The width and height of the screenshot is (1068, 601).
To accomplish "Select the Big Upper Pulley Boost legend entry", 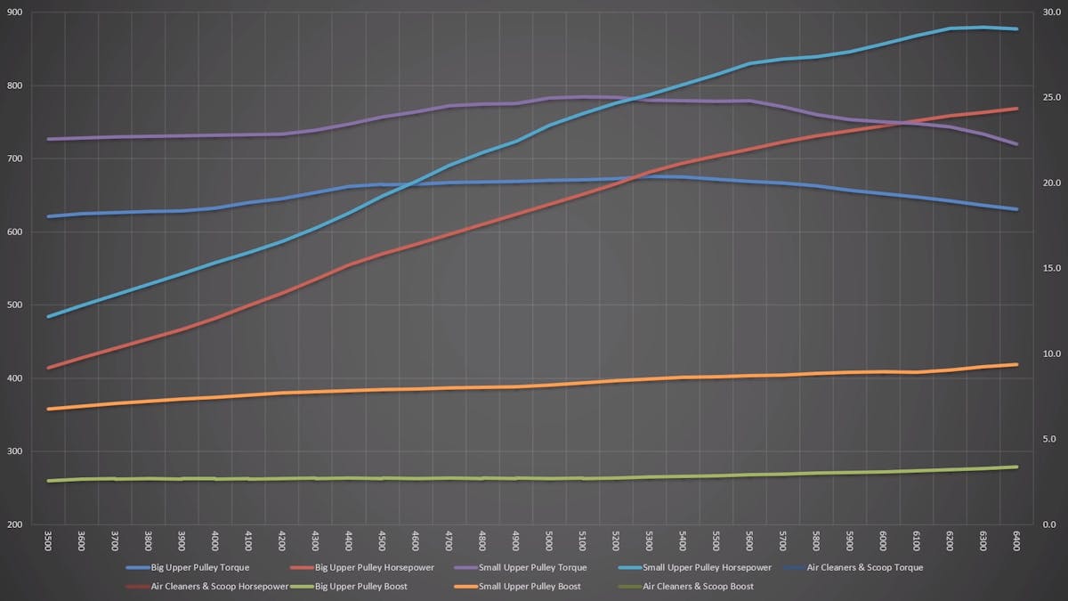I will (374, 587).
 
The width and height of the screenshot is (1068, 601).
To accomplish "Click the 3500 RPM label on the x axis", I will (48, 540).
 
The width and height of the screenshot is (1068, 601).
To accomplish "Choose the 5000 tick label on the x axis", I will (548, 540).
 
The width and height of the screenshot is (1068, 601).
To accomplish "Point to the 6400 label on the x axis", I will (1015, 540).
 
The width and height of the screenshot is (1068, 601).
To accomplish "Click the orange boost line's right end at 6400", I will (1016, 364).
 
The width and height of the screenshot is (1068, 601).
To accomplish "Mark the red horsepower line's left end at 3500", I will (48, 367).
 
